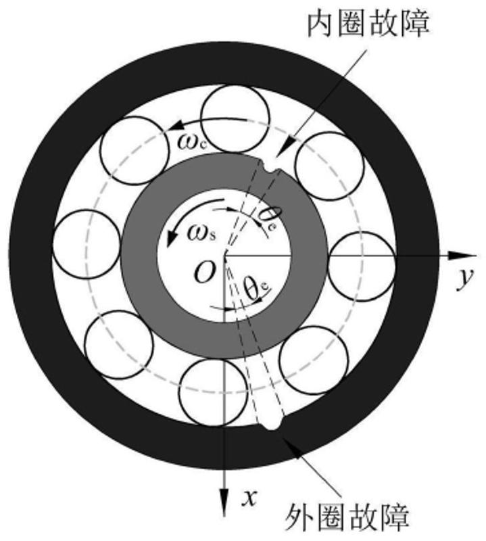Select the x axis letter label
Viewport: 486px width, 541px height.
coord(249,498)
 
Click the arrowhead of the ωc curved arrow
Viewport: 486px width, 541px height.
coord(174,125)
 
